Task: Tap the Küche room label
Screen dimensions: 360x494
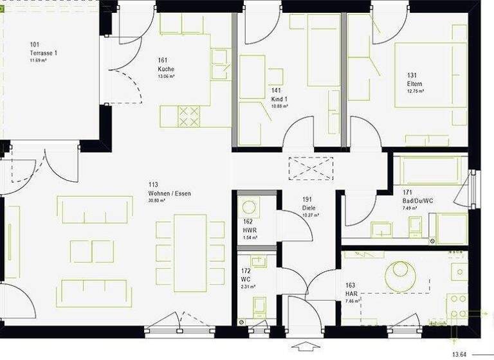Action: point(166,69)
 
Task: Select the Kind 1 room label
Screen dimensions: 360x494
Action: point(279,99)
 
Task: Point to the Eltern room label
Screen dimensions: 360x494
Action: point(414,84)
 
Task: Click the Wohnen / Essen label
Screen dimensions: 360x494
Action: point(169,193)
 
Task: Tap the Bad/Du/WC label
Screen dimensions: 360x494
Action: point(416,201)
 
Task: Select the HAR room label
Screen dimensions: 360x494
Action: point(351,292)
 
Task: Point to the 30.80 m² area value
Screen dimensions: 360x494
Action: point(160,201)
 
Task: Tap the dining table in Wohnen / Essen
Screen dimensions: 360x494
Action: point(190,251)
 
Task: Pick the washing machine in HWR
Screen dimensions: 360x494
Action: point(249,208)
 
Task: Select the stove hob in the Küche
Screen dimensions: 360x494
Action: point(188,116)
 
